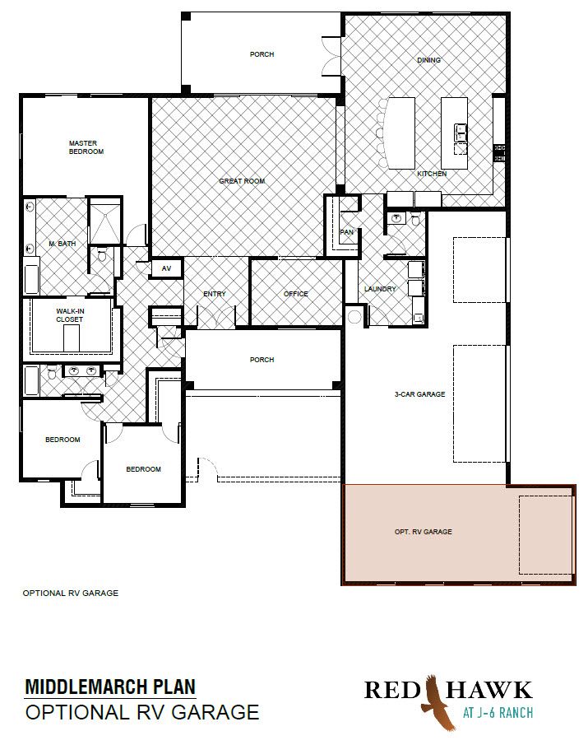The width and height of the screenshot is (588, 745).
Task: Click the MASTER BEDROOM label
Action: pos(86,147)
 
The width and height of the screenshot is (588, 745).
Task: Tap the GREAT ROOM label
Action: pos(242,181)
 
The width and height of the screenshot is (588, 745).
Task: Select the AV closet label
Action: pos(167,268)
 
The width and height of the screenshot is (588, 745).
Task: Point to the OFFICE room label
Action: pos(296,294)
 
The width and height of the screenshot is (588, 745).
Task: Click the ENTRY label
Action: pos(215,294)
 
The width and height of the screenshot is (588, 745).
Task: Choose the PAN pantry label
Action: pos(347,232)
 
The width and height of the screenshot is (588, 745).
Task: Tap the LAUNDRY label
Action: pos(380,289)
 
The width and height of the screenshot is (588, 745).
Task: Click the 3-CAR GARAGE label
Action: pos(420,393)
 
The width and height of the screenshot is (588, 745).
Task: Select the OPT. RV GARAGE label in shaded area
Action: pos(424,532)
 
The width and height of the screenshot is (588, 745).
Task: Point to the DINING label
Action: pos(429,60)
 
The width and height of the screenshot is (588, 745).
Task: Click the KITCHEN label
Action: pos(432,174)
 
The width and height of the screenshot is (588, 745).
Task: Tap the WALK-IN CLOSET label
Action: pos(70,315)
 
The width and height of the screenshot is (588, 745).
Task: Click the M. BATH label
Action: pos(63,244)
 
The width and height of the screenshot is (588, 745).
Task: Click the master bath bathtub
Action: pos(31,280)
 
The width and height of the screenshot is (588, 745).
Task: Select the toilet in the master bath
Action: pos(101,256)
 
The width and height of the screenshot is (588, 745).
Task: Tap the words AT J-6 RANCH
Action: pos(498,712)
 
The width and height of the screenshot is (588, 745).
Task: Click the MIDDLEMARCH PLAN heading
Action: pos(110,687)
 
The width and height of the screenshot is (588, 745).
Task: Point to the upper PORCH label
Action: pos(262,54)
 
